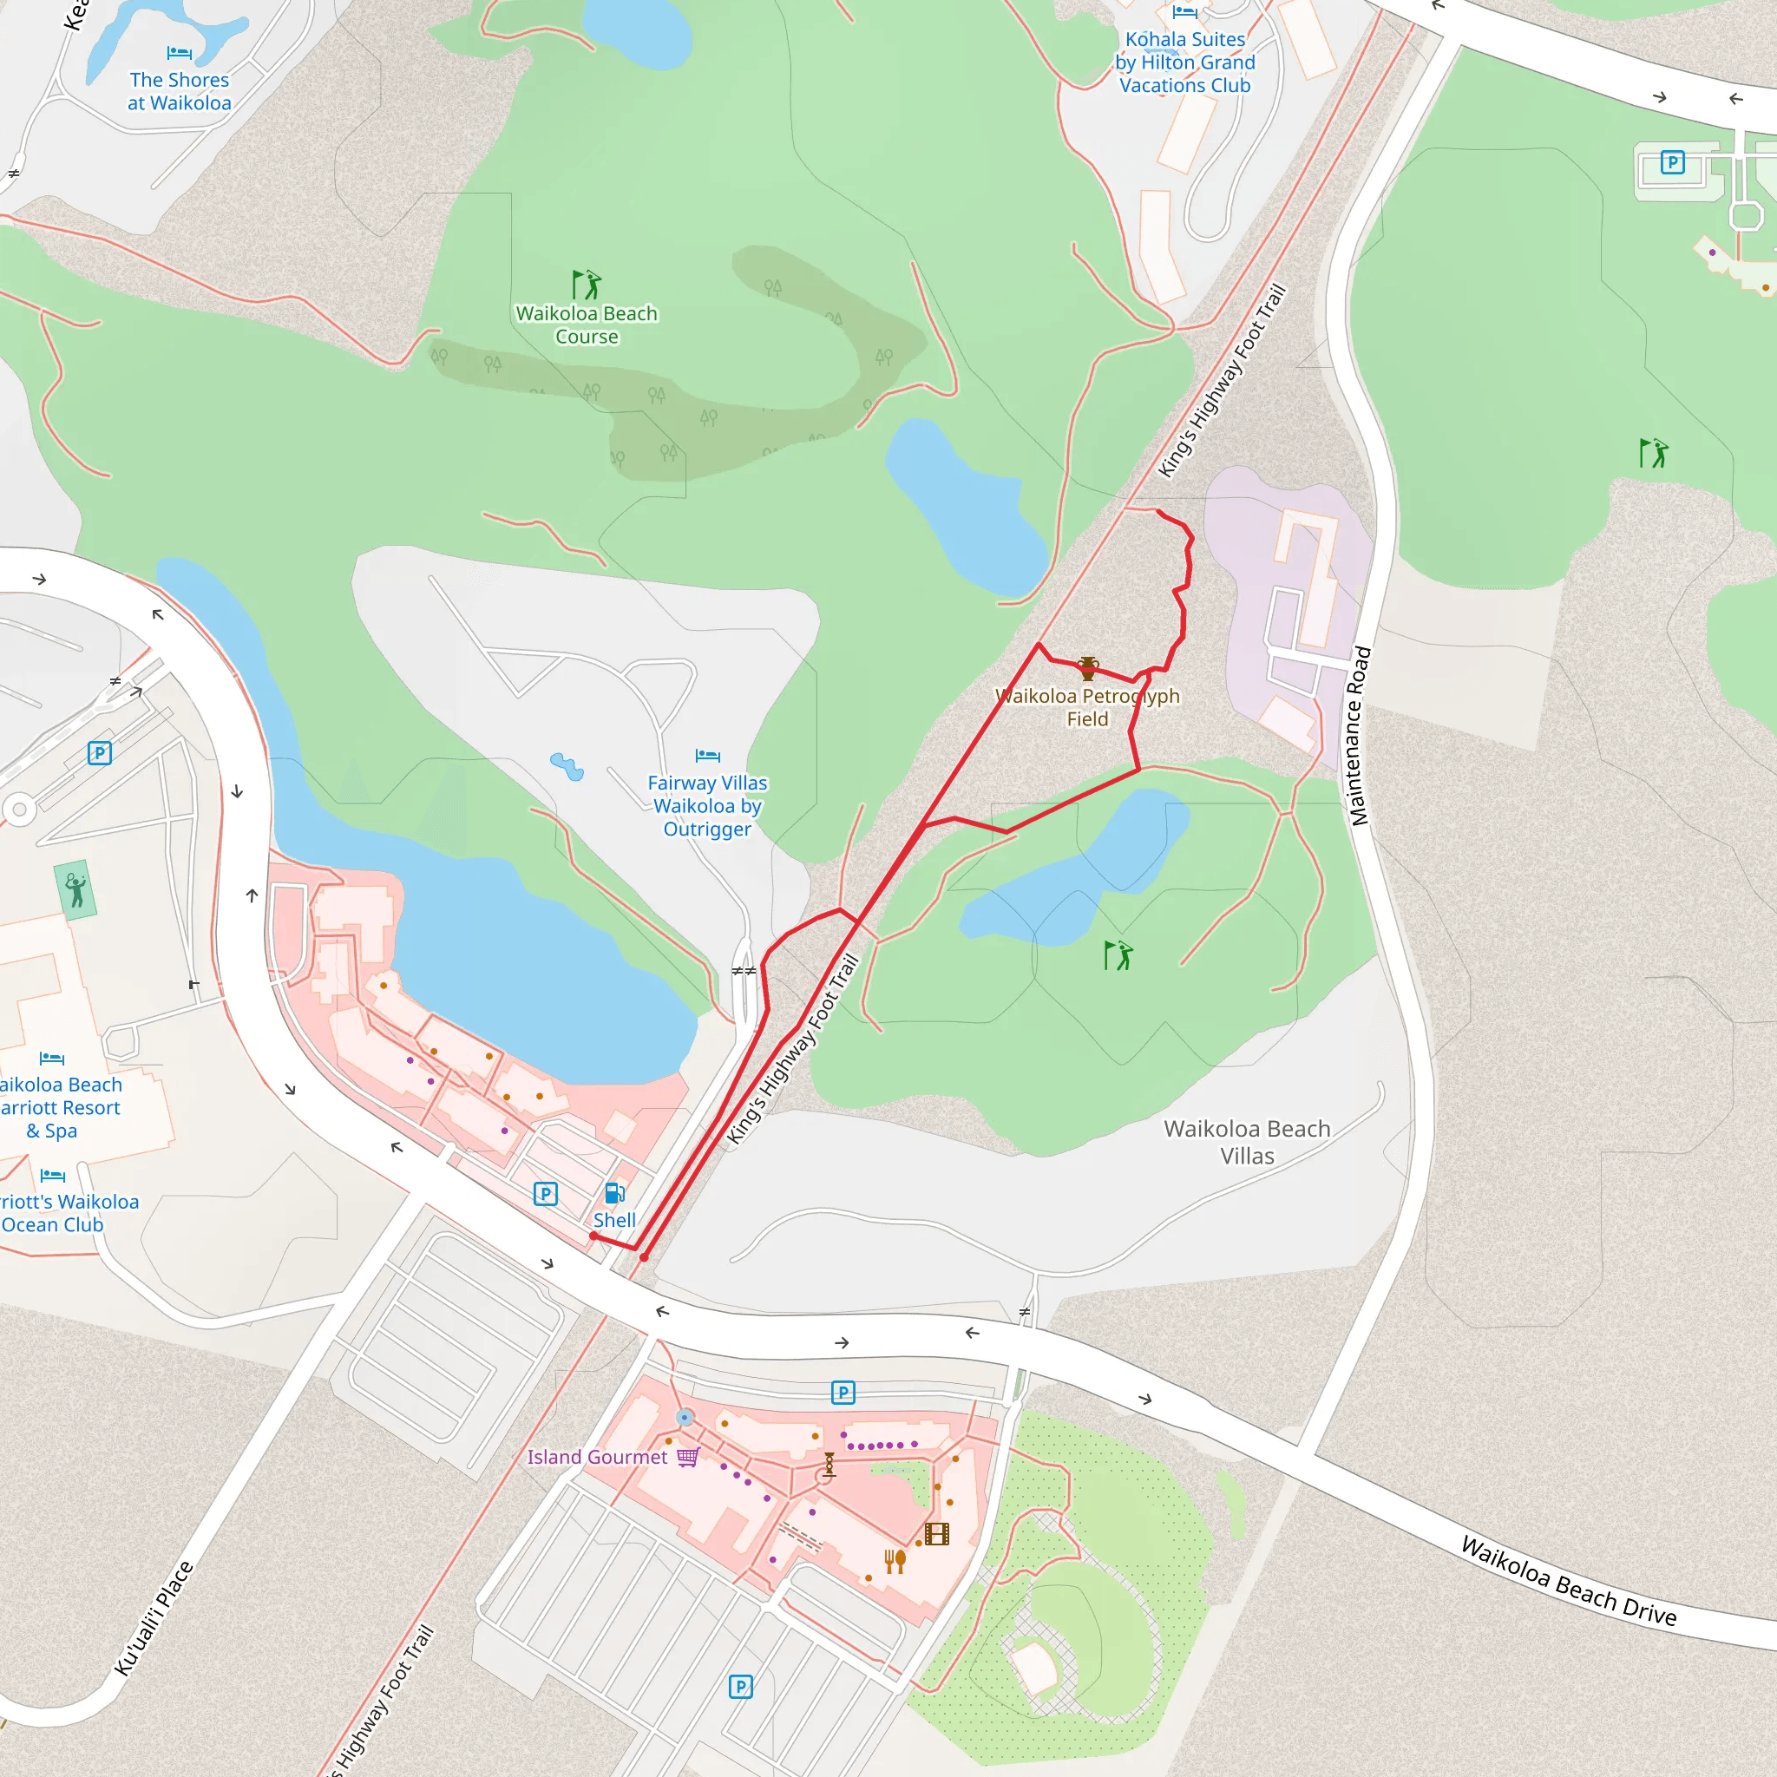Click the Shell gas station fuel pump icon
click(x=614, y=1194)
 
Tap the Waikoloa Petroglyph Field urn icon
click(x=1088, y=668)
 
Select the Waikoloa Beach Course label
click(x=587, y=325)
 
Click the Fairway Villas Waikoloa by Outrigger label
click(x=707, y=806)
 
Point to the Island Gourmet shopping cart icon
click(x=688, y=1457)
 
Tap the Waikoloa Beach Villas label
click(x=1246, y=1142)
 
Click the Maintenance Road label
click(x=1360, y=736)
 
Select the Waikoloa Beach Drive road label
click(x=1569, y=1581)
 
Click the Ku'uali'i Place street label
click(x=154, y=1619)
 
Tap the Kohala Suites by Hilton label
click(x=1184, y=62)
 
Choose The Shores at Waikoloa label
click(x=180, y=91)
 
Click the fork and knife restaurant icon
click(x=895, y=1561)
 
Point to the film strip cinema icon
click(x=936, y=1533)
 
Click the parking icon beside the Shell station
click(x=546, y=1194)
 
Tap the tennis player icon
click(x=75, y=889)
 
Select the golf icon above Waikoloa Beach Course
click(x=586, y=285)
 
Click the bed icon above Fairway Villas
click(x=707, y=756)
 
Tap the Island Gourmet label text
click(x=597, y=1457)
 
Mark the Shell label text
click(x=614, y=1220)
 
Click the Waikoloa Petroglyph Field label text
click(x=1087, y=707)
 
